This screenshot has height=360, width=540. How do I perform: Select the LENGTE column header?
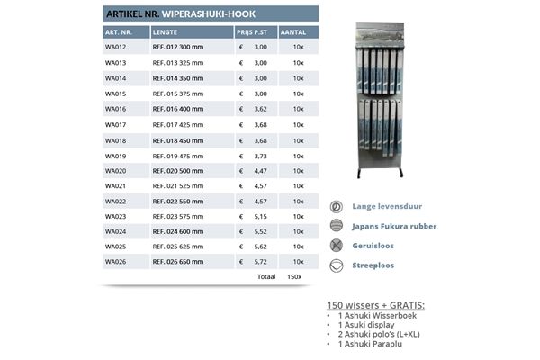click(165, 31)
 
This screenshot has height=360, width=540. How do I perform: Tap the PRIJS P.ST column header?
click(251, 31)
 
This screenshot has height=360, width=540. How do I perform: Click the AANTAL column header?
click(293, 31)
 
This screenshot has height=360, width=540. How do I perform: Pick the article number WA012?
click(115, 47)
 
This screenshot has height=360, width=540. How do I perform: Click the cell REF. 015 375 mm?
click(178, 94)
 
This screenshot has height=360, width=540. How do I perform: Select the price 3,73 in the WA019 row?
click(261, 156)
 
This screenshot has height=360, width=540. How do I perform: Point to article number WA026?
click(115, 262)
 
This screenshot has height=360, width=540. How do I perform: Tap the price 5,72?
click(261, 262)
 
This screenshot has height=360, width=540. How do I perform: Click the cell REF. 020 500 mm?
click(178, 171)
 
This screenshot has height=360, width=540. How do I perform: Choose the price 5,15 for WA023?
click(261, 216)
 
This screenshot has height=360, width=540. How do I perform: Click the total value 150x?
click(294, 277)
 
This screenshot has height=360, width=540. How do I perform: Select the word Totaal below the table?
click(265, 277)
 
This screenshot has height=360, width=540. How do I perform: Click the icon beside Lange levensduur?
click(337, 207)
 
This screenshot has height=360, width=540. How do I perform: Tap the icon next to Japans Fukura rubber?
click(337, 227)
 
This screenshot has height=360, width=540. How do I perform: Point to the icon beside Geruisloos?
click(337, 246)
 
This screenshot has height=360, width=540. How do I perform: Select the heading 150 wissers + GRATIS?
click(375, 304)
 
